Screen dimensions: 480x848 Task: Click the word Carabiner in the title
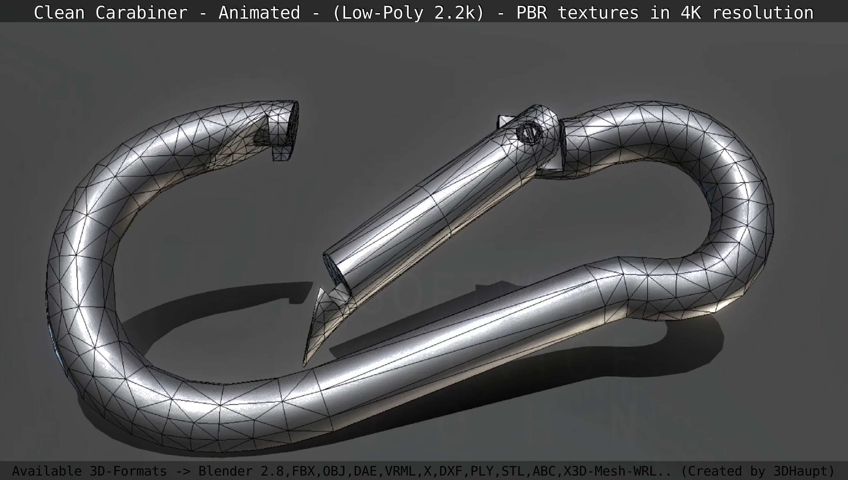(141, 13)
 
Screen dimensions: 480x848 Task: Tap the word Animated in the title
(259, 13)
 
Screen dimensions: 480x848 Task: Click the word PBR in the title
(531, 13)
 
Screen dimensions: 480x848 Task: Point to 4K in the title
(691, 13)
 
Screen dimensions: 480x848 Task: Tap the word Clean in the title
(59, 13)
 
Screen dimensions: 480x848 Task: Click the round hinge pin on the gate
(529, 133)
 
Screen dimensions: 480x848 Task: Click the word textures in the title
(598, 13)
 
